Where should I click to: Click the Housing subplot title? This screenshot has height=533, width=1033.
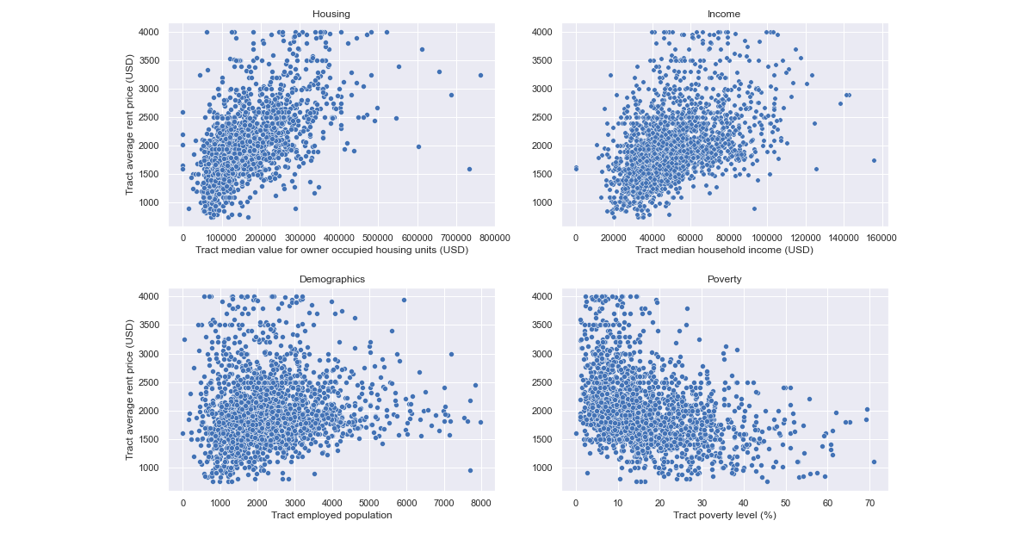point(331,14)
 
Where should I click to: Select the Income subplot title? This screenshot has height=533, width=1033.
point(724,14)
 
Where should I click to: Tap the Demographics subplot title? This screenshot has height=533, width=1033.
point(331,279)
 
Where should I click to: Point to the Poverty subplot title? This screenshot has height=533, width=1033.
point(724,279)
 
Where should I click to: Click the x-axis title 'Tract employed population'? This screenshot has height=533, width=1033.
point(331,515)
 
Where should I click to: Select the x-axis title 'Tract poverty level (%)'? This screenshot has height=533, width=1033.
point(724,515)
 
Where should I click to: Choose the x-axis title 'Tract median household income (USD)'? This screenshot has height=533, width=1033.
point(724,250)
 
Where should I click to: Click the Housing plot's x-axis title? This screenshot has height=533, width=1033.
point(331,250)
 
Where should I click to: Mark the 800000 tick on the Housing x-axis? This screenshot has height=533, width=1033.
point(494,237)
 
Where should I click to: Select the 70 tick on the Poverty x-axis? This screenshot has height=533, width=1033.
point(869,502)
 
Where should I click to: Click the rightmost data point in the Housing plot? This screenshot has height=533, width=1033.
point(480,75)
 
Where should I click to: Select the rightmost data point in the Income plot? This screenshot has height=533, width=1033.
point(874,160)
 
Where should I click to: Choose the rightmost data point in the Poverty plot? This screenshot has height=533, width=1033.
point(874,462)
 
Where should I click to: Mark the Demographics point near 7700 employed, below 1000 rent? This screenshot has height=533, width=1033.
point(470,470)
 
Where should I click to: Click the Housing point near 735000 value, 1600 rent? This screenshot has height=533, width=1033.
point(469,169)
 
